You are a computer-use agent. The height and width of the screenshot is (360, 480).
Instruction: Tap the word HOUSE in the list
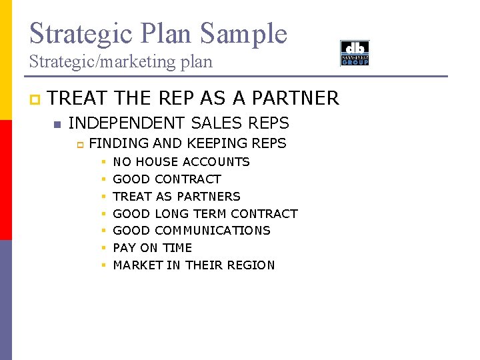tap(157, 162)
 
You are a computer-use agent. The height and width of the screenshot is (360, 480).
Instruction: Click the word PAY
tap(125, 248)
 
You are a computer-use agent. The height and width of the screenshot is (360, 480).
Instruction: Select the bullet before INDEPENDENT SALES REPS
tap(57, 124)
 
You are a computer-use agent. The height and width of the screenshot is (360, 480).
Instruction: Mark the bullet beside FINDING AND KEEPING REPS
tap(78, 144)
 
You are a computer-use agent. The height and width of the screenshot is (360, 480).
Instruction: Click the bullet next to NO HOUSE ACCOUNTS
tap(104, 163)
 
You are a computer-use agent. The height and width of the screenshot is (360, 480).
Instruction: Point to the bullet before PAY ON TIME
tap(104, 249)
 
